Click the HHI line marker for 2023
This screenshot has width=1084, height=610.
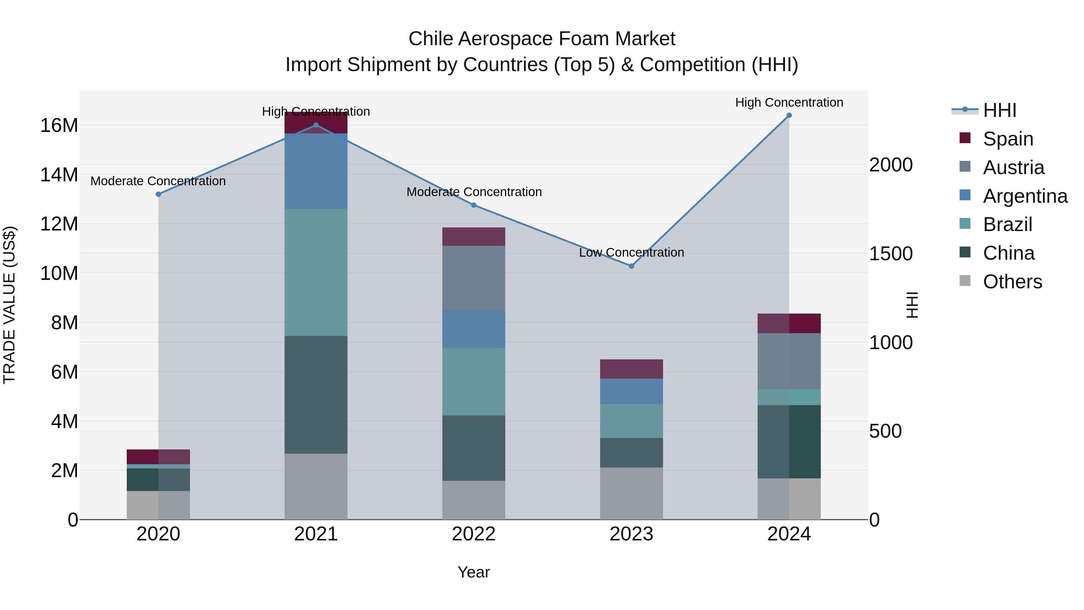click(x=631, y=266)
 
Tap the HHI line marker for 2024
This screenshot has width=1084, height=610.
click(x=789, y=115)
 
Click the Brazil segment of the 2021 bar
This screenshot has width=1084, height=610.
click(x=316, y=272)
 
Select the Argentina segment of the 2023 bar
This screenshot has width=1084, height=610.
click(x=631, y=392)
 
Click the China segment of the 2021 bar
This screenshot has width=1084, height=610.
click(x=316, y=394)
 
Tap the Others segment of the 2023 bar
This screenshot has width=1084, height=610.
click(x=631, y=493)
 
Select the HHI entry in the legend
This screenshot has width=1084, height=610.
click(x=999, y=110)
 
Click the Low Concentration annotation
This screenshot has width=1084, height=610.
click(x=631, y=253)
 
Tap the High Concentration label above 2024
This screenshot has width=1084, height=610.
click(x=789, y=102)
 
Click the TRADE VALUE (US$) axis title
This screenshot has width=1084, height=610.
click(x=9, y=305)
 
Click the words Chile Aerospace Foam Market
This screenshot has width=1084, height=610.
click(x=542, y=39)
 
